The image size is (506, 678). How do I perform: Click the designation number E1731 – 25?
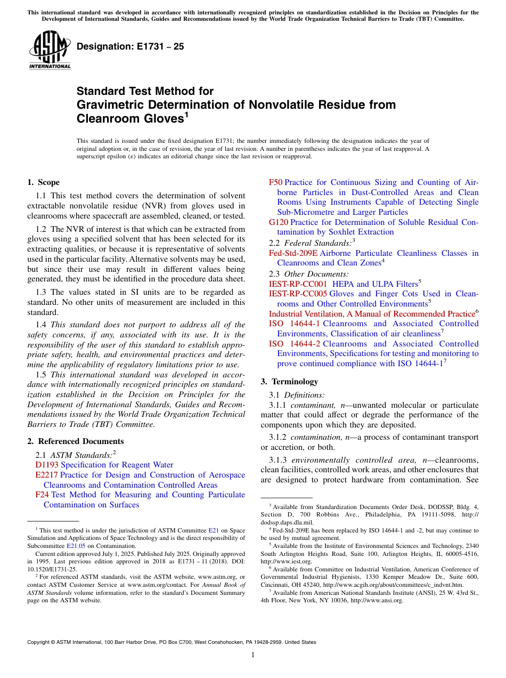130,46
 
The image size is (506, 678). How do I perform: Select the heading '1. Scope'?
43,182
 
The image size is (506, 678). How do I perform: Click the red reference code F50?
276,182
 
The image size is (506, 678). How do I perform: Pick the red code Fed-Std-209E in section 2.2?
293,253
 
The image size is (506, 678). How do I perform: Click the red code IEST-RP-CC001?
298,284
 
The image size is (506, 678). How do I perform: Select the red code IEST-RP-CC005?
298,294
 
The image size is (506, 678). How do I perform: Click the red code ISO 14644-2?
295,344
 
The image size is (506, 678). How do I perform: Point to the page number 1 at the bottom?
253,655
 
